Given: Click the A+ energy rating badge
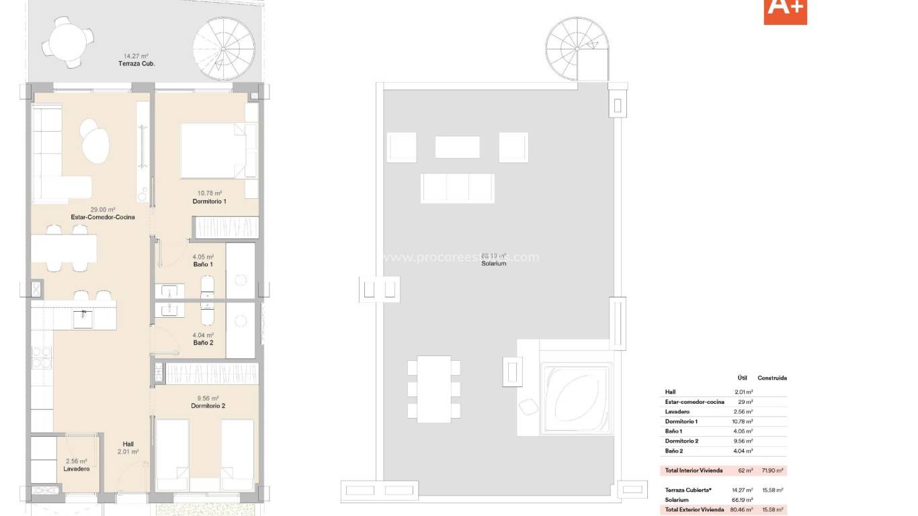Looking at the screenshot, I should pyautogui.click(x=785, y=10).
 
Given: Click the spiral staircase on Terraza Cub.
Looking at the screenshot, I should pyautogui.click(x=224, y=48).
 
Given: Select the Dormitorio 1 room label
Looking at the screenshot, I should pyautogui.click(x=209, y=202).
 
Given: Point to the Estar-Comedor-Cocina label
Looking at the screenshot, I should pyautogui.click(x=103, y=217).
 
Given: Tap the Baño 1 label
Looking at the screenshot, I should pyautogui.click(x=203, y=265).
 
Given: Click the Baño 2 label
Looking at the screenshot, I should pyautogui.click(x=203, y=343).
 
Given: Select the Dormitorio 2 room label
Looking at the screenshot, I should pyautogui.click(x=208, y=406).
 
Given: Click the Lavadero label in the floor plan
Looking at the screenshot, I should pyautogui.click(x=77, y=468).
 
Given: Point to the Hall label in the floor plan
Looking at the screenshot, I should pyautogui.click(x=128, y=444).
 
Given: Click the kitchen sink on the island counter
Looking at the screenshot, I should pyautogui.click(x=83, y=319).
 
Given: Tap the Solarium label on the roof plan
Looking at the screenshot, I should pyautogui.click(x=493, y=263).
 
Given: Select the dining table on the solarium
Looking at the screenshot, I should pyautogui.click(x=433, y=389).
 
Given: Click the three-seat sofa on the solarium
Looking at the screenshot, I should pyautogui.click(x=457, y=188).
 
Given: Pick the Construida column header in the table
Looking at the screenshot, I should pyautogui.click(x=771, y=378).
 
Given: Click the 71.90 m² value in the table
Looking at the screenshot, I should pyautogui.click(x=772, y=471).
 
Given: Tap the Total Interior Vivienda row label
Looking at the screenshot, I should pyautogui.click(x=694, y=471).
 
